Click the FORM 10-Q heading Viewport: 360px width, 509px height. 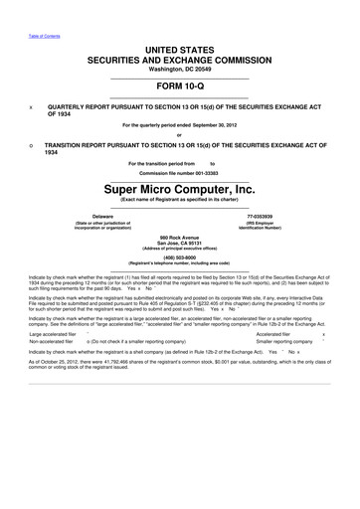pos(179,85)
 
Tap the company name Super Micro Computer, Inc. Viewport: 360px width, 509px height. pos(179,187)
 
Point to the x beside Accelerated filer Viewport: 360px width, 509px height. pos(339,362)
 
